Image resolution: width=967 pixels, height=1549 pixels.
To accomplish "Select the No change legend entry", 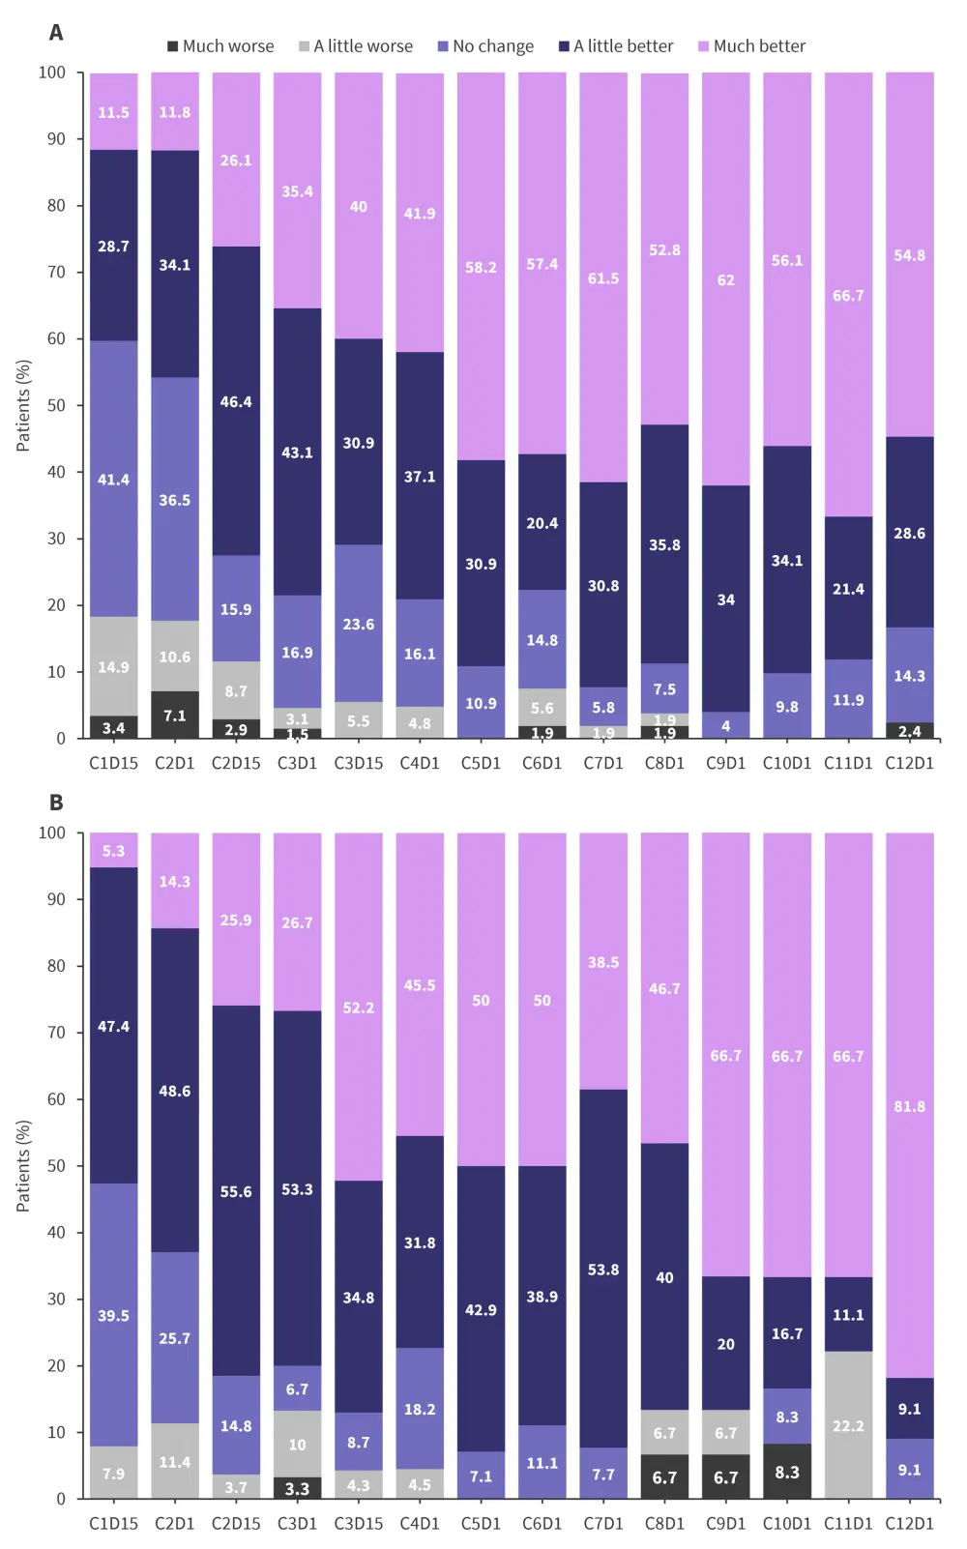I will point(485,46).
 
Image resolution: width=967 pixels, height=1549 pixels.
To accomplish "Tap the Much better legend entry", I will point(751,46).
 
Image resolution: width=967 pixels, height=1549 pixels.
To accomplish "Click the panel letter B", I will point(56,803).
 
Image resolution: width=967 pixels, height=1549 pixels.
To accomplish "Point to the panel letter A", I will point(56,33).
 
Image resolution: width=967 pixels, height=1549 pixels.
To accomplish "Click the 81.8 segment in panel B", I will point(909,1105).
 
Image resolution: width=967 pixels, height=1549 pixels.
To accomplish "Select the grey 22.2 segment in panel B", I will point(848,1425).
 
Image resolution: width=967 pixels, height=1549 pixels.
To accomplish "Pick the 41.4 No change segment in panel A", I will point(114,479).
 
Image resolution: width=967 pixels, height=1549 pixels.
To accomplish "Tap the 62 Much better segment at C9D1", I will point(725,279).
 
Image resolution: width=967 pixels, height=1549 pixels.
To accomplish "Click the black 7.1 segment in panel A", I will point(175,716).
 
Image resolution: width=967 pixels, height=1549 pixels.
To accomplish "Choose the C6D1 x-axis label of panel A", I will point(542,763).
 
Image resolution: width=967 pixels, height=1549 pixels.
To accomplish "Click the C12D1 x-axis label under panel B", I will point(909,1523).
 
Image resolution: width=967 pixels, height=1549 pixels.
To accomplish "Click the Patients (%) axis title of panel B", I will point(23,1165).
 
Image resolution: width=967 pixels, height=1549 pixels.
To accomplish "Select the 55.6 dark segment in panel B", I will point(236,1191).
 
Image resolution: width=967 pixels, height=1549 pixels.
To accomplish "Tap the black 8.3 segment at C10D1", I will point(787,1472).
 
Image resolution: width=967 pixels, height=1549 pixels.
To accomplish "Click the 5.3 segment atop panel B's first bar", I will point(114,851).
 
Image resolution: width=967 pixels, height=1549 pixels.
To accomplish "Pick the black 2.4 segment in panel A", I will point(909,731).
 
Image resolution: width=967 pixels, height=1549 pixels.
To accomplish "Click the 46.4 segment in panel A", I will point(236,401).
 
